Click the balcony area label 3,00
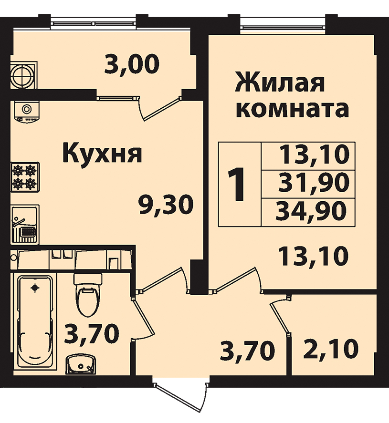[x=132, y=64]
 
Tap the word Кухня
[x=102, y=153]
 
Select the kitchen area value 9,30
[x=166, y=205]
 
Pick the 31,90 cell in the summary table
[x=308, y=185]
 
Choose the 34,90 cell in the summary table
[x=308, y=212]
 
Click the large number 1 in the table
[x=236, y=184]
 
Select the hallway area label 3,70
[x=247, y=351]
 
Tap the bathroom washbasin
[x=81, y=365]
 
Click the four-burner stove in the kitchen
[x=25, y=177]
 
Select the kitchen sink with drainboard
[x=25, y=225]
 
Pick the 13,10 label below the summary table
[x=314, y=256]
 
